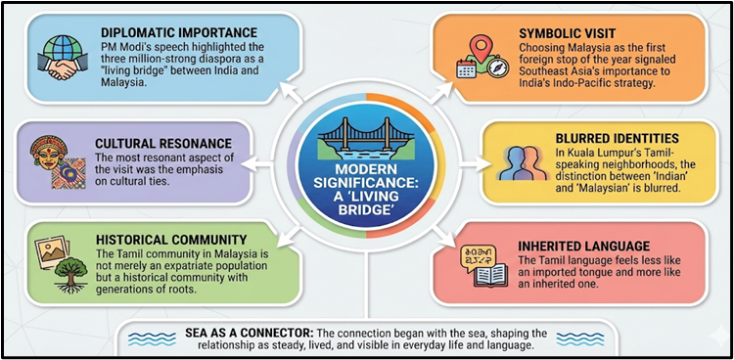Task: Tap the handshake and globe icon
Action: point(60,56)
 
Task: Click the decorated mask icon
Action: point(48,154)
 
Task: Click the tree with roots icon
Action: point(65,263)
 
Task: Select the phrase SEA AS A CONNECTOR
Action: point(236,331)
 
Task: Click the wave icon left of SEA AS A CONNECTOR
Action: point(150,338)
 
